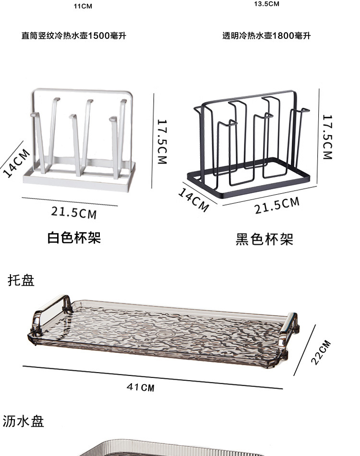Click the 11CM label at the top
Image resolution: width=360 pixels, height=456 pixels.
coord(83,6)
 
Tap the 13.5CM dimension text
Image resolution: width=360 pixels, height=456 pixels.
coord(266,4)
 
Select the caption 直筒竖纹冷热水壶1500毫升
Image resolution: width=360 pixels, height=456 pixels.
coord(74,36)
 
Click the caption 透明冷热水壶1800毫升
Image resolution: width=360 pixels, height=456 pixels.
coord(266,36)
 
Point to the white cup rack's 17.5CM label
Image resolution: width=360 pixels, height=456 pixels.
coord(162,142)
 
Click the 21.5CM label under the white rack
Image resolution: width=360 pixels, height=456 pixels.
coord(74,212)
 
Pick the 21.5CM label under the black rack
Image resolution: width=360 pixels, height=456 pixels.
coord(277,205)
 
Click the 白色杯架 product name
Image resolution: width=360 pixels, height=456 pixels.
coord(74,237)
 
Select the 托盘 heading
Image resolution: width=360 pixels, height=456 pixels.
coord(21,281)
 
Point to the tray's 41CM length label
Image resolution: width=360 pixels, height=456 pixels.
coord(141,386)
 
